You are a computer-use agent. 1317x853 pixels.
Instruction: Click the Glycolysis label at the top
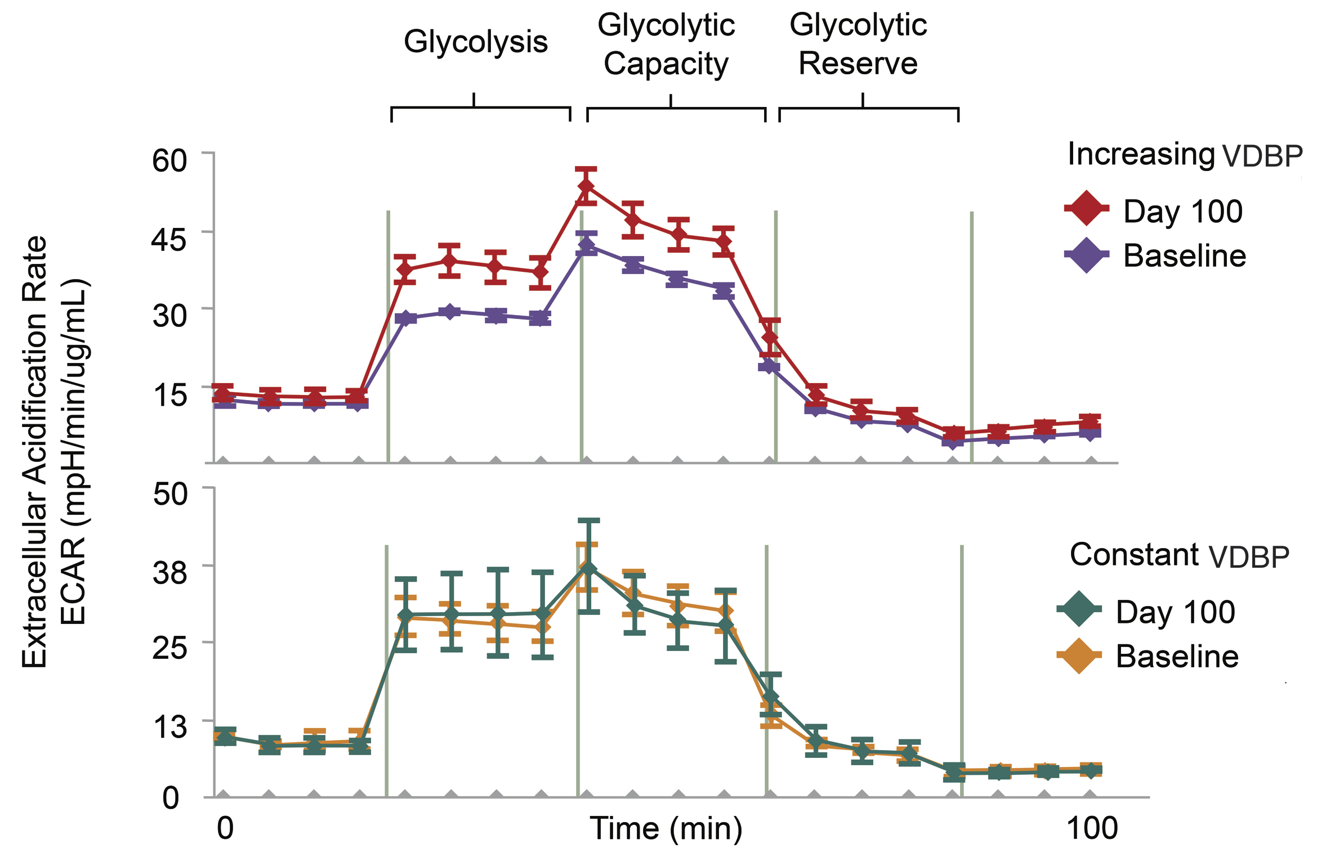(x=475, y=42)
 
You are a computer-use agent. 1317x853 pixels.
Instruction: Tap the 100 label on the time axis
(x=1092, y=828)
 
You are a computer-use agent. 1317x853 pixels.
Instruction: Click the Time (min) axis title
(x=666, y=828)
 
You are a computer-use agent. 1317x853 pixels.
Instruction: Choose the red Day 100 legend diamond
(x=1086, y=209)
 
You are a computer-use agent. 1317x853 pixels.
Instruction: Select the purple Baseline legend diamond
(x=1086, y=255)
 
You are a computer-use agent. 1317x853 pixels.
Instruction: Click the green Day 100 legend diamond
(x=1079, y=609)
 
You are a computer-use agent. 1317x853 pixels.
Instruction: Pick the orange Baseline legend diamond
(x=1079, y=655)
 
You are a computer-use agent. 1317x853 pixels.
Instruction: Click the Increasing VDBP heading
(x=1185, y=155)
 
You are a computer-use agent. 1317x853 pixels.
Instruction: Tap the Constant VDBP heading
(x=1179, y=555)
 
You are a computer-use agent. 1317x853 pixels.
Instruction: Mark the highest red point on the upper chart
(x=586, y=186)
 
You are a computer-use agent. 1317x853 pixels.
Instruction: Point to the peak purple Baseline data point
(x=587, y=245)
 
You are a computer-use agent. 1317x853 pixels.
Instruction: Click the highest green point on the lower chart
(x=588, y=568)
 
